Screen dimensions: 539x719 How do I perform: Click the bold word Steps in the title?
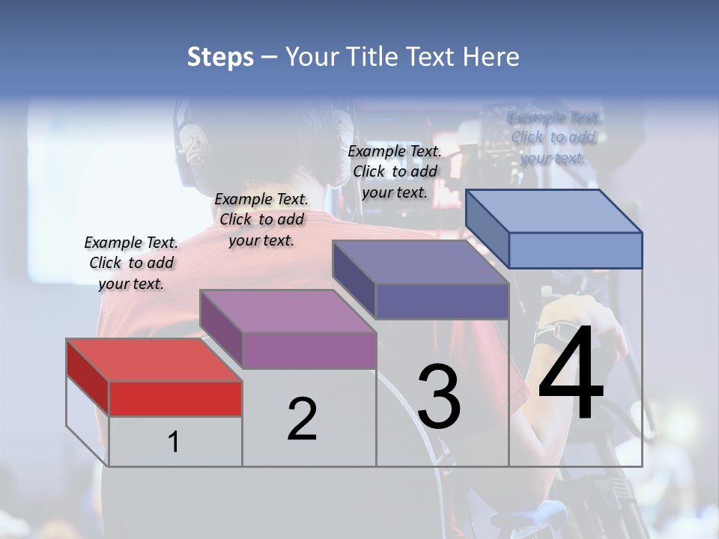220,57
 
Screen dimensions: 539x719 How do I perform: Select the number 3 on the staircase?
439,397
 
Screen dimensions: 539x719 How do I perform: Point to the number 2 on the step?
302,419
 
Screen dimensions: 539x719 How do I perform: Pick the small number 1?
174,442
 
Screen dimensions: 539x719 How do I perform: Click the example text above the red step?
131,263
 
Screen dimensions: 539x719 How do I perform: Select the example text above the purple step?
261,219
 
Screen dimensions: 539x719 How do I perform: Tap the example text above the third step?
395,171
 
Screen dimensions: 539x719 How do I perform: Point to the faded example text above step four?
553,138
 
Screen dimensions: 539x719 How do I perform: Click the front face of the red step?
175,398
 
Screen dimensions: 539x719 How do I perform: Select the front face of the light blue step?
575,250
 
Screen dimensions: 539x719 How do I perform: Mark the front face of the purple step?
309,350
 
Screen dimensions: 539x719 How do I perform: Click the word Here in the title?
494,57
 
